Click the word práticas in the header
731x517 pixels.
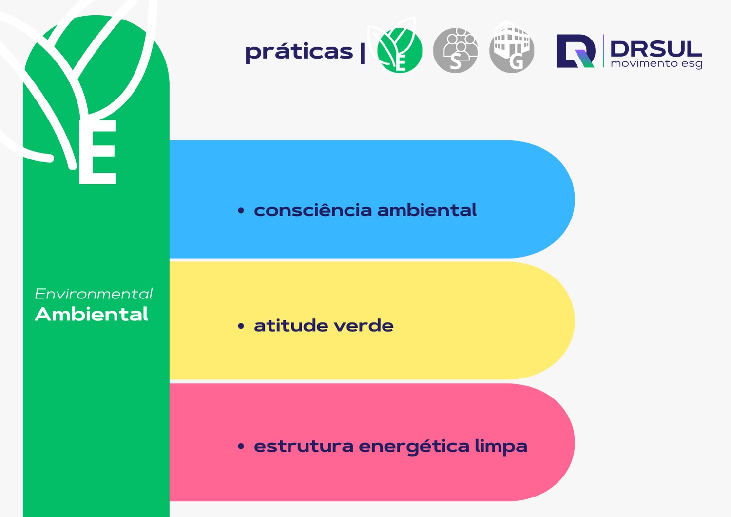pos(299,52)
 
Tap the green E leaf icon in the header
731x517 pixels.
pos(400,51)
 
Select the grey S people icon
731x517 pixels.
pos(456,50)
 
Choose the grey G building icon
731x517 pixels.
pos(512,49)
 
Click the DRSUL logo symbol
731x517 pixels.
pos(576,51)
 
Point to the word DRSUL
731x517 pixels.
pos(656,49)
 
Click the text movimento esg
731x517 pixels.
pos(656,64)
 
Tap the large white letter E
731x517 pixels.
pos(98,152)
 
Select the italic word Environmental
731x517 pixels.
pos(94,294)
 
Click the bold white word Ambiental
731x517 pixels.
pos(92,314)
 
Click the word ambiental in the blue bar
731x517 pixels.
pos(427,210)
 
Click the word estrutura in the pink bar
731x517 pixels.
pos(304,446)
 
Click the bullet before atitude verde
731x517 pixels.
pos(241,326)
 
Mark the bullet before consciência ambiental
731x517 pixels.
pos(241,211)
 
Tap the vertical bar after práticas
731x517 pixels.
pos(363,53)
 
